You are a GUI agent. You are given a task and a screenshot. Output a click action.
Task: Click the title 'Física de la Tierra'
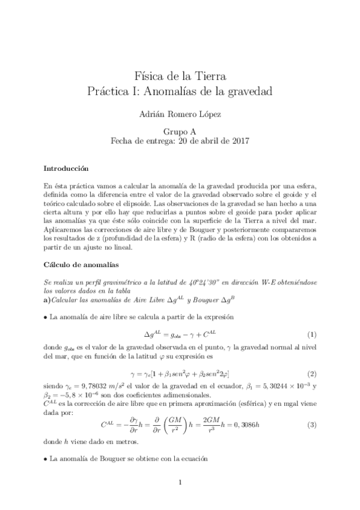tap(180, 76)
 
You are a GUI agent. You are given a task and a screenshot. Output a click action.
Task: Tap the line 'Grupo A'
tap(180, 131)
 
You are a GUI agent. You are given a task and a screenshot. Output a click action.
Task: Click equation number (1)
tap(311, 334)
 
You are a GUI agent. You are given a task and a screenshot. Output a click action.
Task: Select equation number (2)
tap(311, 373)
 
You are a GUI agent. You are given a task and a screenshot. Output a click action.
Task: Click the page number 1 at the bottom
tap(180, 482)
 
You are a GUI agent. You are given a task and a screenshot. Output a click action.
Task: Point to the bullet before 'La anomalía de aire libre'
tap(46, 316)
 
